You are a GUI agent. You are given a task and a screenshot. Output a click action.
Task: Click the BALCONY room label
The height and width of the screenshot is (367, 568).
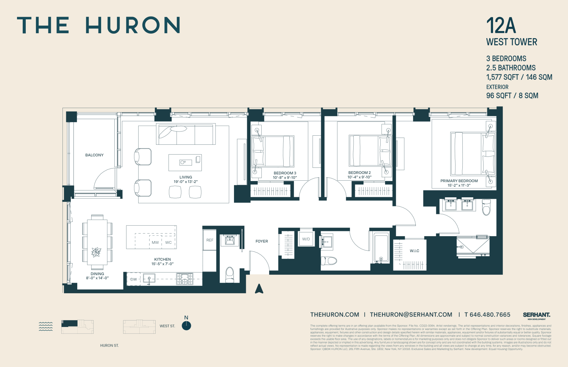(x=94, y=155)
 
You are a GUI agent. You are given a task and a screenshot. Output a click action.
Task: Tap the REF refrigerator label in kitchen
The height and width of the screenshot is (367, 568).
(x=210, y=240)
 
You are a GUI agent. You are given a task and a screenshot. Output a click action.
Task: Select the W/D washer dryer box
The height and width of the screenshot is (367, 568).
(x=306, y=239)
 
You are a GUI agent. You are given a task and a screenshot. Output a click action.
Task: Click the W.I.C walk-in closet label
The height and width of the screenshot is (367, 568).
(x=414, y=251)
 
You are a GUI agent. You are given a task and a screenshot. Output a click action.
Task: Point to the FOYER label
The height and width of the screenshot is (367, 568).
(x=262, y=241)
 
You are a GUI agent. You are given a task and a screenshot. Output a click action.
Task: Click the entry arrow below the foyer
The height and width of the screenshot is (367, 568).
(x=259, y=289)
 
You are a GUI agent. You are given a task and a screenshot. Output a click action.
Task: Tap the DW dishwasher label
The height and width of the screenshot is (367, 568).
(x=134, y=279)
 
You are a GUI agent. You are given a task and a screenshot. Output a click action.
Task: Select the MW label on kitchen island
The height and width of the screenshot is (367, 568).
(x=155, y=243)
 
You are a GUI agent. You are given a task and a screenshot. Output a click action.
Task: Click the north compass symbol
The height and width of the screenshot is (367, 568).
(x=186, y=325)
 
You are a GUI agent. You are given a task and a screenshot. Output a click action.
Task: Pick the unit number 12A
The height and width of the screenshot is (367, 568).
(x=501, y=26)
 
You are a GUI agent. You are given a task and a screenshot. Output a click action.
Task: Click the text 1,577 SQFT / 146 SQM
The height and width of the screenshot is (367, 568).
(x=519, y=77)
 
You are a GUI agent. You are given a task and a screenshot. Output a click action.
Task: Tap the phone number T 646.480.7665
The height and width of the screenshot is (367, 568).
(x=487, y=314)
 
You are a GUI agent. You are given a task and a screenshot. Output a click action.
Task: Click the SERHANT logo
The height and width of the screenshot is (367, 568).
(x=537, y=315)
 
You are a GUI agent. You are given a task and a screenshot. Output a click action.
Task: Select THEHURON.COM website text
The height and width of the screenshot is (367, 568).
(x=335, y=314)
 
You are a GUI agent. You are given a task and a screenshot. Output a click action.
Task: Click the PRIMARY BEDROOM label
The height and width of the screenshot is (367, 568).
(x=459, y=181)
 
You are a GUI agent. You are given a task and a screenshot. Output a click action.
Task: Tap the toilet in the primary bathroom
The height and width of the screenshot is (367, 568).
(x=486, y=207)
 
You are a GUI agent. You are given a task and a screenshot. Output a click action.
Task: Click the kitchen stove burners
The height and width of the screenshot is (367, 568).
(x=185, y=279)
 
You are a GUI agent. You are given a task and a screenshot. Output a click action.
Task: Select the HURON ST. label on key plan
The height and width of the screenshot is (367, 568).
(x=109, y=345)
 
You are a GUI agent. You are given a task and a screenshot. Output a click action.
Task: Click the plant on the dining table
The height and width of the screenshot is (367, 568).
(x=97, y=252)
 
